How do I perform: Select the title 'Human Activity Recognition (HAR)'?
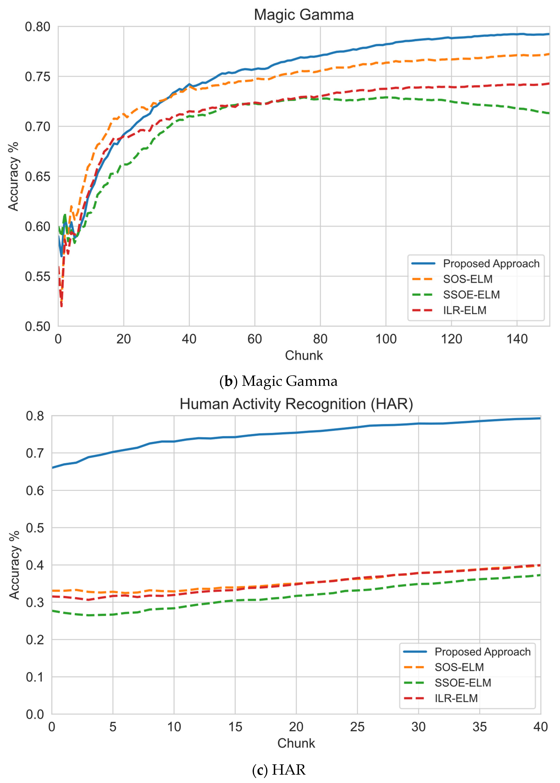296,404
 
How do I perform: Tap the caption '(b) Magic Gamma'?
279,381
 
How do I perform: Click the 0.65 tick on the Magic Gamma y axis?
37,177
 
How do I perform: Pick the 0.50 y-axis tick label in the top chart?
37,326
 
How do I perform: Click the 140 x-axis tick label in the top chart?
517,339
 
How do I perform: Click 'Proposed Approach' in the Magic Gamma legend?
491,264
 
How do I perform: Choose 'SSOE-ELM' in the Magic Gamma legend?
471,295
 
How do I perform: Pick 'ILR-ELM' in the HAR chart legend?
456,698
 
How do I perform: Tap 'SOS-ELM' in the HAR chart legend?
459,667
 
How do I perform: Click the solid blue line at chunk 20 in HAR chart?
296,433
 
